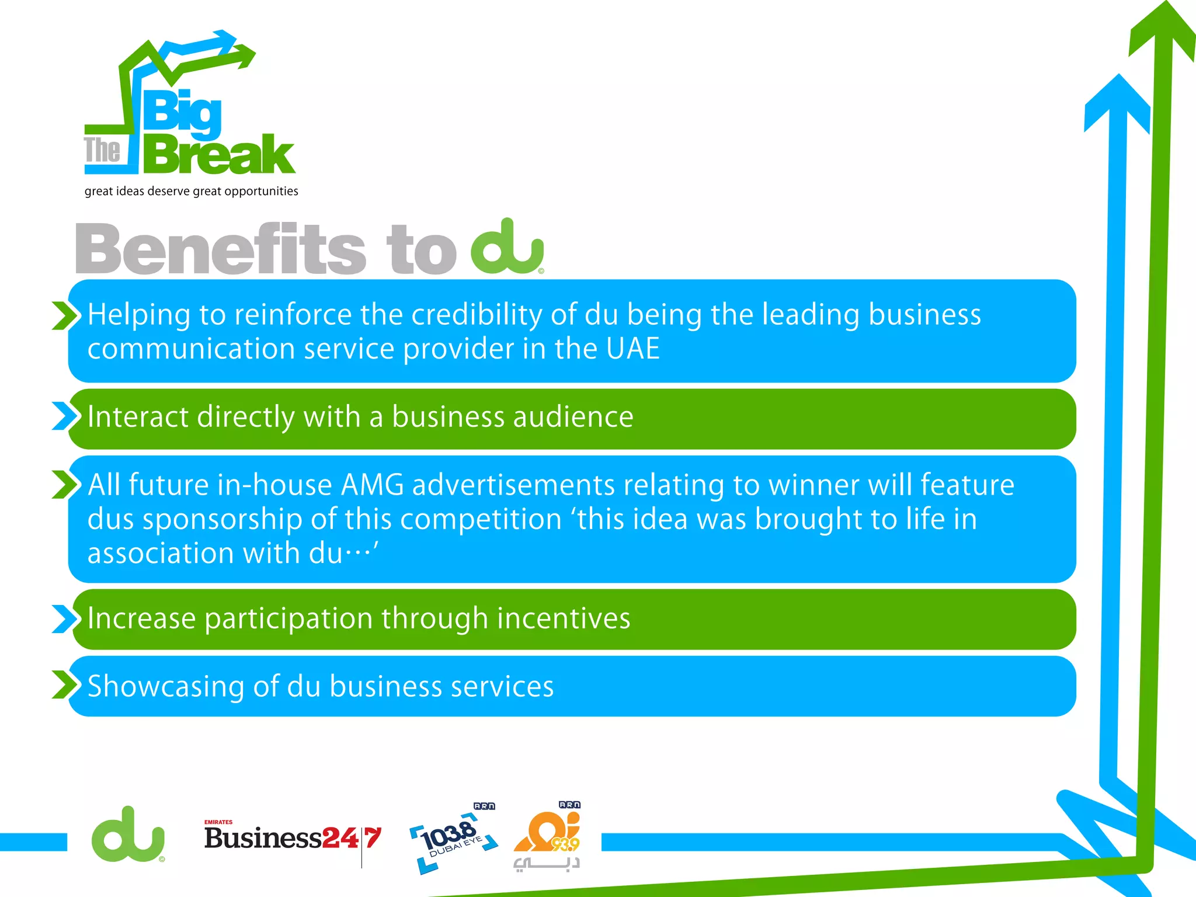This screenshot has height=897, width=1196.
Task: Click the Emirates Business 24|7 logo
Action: coord(292,839)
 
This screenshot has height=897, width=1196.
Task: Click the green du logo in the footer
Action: coord(128,835)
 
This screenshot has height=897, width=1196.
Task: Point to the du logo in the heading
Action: coord(507,248)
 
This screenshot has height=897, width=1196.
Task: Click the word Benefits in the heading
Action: coord(221,249)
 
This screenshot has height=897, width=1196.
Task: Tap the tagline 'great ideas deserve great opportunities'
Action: coord(191,192)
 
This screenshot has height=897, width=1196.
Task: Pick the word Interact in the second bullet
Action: coord(138,417)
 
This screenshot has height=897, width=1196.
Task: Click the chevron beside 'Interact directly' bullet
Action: coord(64,416)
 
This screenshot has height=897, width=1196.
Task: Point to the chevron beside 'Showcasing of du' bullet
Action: coord(64,684)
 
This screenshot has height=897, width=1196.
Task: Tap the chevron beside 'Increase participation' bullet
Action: coord(64,619)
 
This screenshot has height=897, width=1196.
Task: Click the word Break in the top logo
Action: coord(219,155)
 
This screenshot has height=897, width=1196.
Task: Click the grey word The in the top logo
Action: coord(102,150)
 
